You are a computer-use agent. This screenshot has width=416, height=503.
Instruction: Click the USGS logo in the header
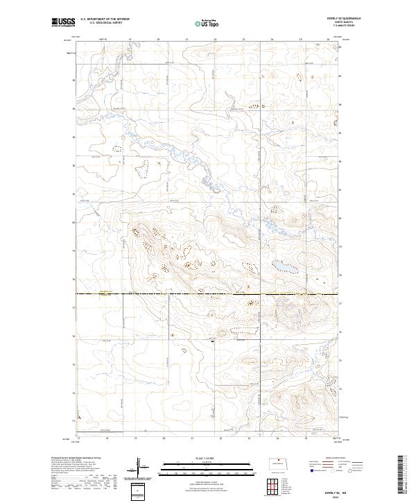pyautogui.click(x=64, y=23)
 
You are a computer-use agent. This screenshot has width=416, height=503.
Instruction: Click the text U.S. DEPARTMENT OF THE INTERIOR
pyautogui.click(x=105, y=19)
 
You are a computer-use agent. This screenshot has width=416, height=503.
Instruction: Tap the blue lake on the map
pyautogui.click(x=284, y=266)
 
